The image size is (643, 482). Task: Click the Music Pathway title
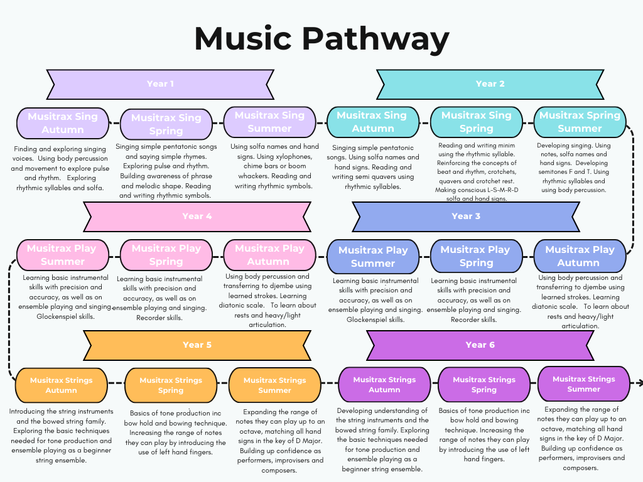(x=321, y=39)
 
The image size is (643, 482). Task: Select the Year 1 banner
(x=160, y=84)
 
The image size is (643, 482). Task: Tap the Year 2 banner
(x=490, y=84)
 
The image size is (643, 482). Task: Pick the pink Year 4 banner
(x=197, y=217)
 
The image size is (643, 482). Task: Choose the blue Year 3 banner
(x=466, y=217)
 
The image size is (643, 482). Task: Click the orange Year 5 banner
(x=197, y=345)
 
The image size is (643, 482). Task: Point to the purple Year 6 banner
(x=480, y=345)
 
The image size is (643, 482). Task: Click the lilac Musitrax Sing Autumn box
(x=62, y=123)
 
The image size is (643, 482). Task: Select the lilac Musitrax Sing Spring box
(x=166, y=124)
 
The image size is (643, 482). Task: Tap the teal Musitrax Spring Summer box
(x=580, y=122)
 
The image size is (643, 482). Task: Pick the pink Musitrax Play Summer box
(x=62, y=255)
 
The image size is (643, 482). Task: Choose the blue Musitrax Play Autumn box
(x=580, y=256)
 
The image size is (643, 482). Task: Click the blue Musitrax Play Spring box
(x=476, y=256)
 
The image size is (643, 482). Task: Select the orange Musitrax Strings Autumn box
(x=61, y=385)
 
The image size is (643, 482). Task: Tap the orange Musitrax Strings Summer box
(x=274, y=385)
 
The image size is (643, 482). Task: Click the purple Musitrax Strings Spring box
(x=484, y=385)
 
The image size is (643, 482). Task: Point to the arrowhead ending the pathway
(x=639, y=383)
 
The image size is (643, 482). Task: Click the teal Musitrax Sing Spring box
(x=476, y=122)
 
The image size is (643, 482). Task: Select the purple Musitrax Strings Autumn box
(x=384, y=385)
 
